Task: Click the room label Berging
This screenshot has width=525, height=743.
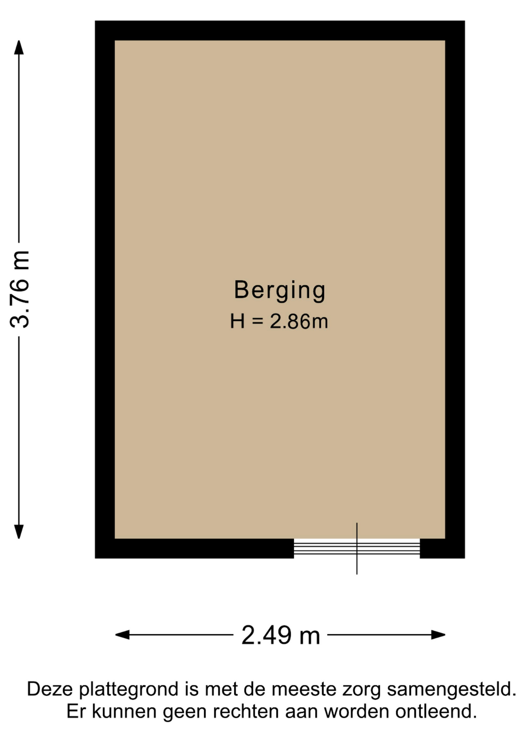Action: coord(280,290)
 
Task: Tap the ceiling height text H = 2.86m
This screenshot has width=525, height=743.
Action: coord(279,321)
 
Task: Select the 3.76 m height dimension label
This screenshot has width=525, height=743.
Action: coord(19,289)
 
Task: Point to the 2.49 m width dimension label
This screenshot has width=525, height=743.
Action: coord(281,635)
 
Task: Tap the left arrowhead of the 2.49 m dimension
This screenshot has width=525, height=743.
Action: coord(122,635)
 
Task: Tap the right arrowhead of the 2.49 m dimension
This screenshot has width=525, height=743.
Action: coord(438,635)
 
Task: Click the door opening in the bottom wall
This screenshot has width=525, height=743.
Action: coord(357,548)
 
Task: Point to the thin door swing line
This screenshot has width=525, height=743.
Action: coord(357,548)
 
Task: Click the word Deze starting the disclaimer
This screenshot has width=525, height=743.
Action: coord(50,689)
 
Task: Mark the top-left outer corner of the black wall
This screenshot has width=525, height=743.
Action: coord(95,21)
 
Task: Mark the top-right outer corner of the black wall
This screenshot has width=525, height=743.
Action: coord(465,21)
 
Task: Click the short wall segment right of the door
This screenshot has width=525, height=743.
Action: coord(442,548)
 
